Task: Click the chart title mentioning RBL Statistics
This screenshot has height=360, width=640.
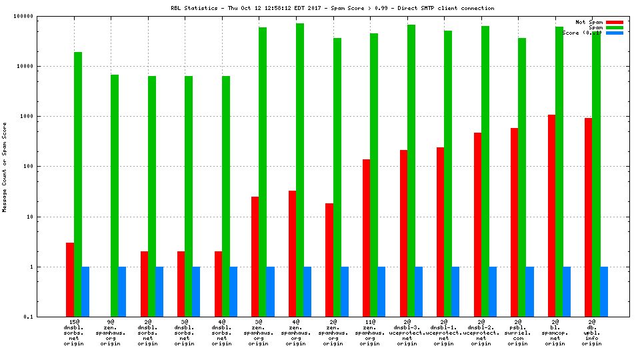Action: tap(333, 8)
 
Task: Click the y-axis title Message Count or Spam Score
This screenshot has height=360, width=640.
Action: tap(5, 167)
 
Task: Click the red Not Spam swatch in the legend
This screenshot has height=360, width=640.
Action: tap(615, 22)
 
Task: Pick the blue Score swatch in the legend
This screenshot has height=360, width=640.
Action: tap(615, 33)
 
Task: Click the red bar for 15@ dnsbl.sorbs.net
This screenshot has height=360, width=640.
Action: tap(70, 279)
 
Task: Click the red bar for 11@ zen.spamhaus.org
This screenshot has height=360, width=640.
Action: tap(367, 238)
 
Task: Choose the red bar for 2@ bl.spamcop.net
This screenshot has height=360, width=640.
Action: tap(551, 215)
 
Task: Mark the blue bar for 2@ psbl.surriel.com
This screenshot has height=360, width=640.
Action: tap(529, 291)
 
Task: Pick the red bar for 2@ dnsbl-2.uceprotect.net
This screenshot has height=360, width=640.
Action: tap(477, 225)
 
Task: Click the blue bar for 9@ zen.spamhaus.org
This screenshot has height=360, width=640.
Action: tap(122, 291)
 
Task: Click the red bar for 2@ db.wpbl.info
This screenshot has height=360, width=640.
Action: tap(588, 217)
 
